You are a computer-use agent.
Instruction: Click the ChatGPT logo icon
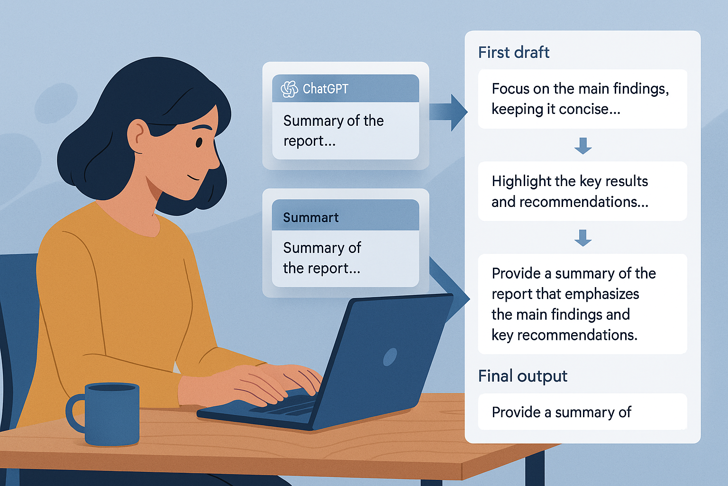(289, 89)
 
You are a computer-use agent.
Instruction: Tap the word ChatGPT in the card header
(325, 89)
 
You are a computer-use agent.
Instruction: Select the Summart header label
(311, 217)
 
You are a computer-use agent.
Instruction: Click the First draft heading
(513, 52)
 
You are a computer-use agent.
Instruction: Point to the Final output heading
(523, 376)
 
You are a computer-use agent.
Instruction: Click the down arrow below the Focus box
(582, 146)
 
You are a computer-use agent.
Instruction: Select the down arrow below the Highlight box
(582, 238)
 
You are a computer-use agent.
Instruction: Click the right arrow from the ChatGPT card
(448, 112)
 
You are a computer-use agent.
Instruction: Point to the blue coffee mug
(104, 414)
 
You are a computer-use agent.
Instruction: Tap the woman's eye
(199, 142)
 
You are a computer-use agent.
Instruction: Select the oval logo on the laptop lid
(390, 357)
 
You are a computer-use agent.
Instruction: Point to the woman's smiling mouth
(193, 178)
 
